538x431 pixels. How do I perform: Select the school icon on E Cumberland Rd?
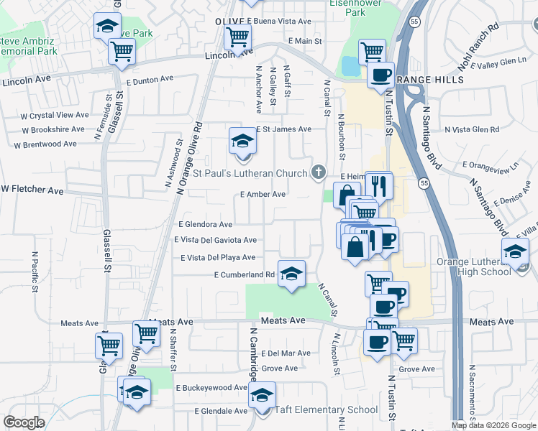click(x=291, y=274)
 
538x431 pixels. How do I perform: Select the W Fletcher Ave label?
click(x=32, y=190)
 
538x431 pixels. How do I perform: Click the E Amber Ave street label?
click(x=263, y=194)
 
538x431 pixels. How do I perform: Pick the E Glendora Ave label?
click(x=205, y=225)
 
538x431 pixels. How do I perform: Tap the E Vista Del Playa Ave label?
click(x=218, y=257)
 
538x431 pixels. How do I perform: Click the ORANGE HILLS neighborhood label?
click(x=429, y=80)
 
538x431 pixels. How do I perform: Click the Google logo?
click(x=24, y=422)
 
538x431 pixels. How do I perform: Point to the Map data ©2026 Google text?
click(x=494, y=425)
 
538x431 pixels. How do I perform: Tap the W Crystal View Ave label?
click(x=55, y=115)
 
